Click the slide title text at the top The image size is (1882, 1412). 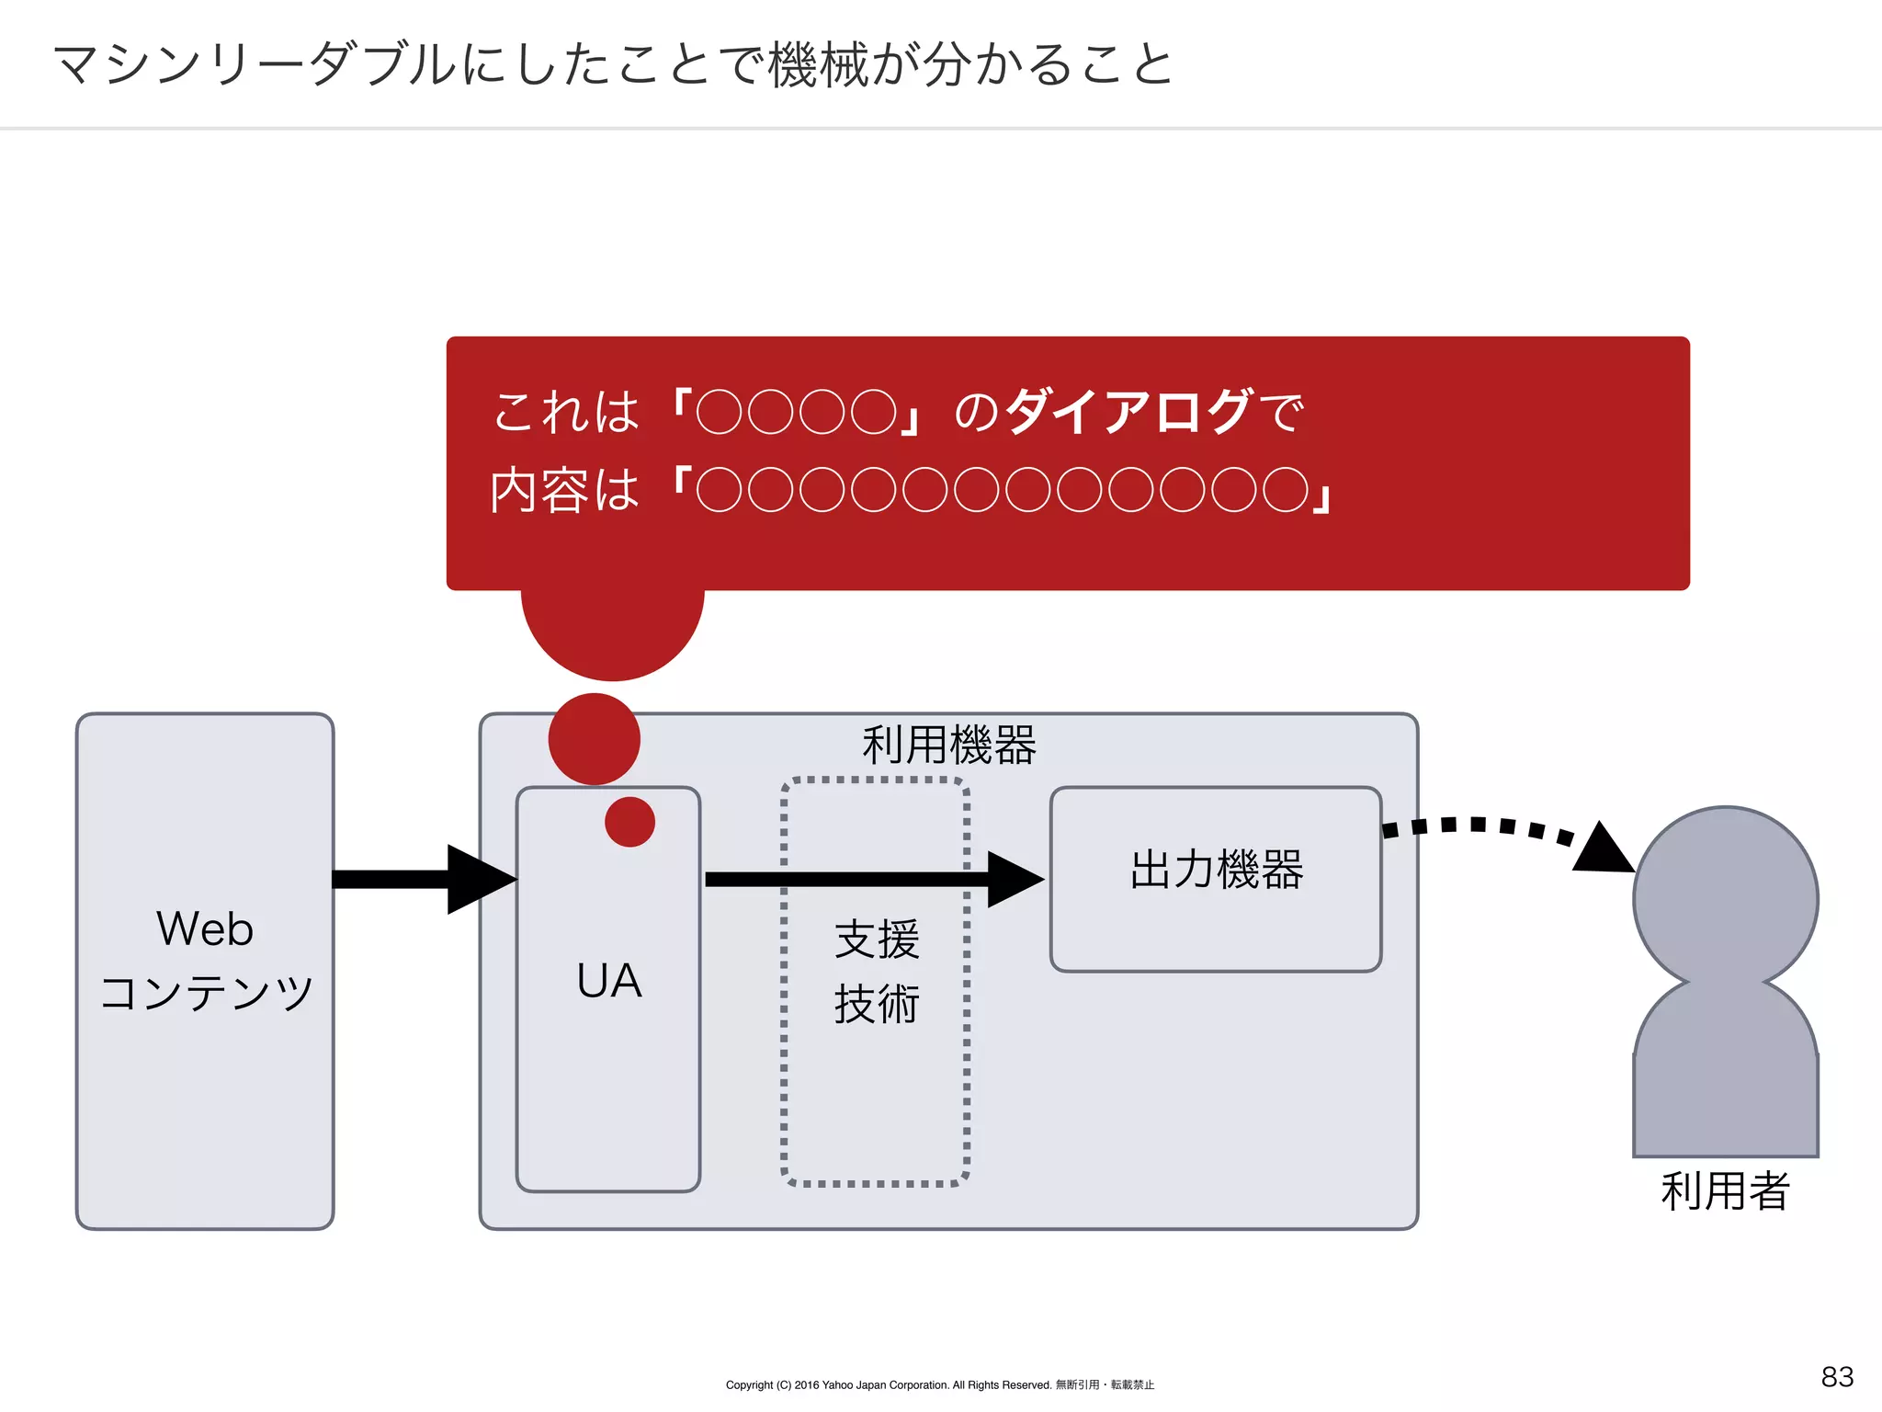coord(614,64)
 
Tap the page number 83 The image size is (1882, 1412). coord(1837,1376)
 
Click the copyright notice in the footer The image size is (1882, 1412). coord(939,1384)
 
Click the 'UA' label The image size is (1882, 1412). coord(608,981)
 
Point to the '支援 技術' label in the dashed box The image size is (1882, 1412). coord(876,972)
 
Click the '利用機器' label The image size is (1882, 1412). coord(949,745)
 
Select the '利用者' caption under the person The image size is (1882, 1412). coord(1725,1191)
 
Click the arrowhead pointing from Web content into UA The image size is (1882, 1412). coord(480,880)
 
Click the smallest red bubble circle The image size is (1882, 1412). coord(629,821)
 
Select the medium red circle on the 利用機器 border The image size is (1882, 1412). coord(594,739)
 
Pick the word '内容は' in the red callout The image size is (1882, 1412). coord(564,490)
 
